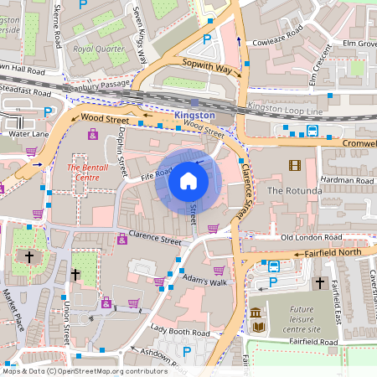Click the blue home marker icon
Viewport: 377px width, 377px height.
[x=188, y=180]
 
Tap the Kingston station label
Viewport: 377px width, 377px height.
[x=194, y=114]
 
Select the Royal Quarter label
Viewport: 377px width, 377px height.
[x=98, y=49]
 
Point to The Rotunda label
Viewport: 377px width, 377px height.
[x=294, y=191]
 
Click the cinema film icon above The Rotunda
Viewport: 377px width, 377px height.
[x=294, y=165]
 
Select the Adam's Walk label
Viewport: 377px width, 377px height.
[x=205, y=281]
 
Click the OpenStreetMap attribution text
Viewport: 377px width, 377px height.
[x=84, y=370]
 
